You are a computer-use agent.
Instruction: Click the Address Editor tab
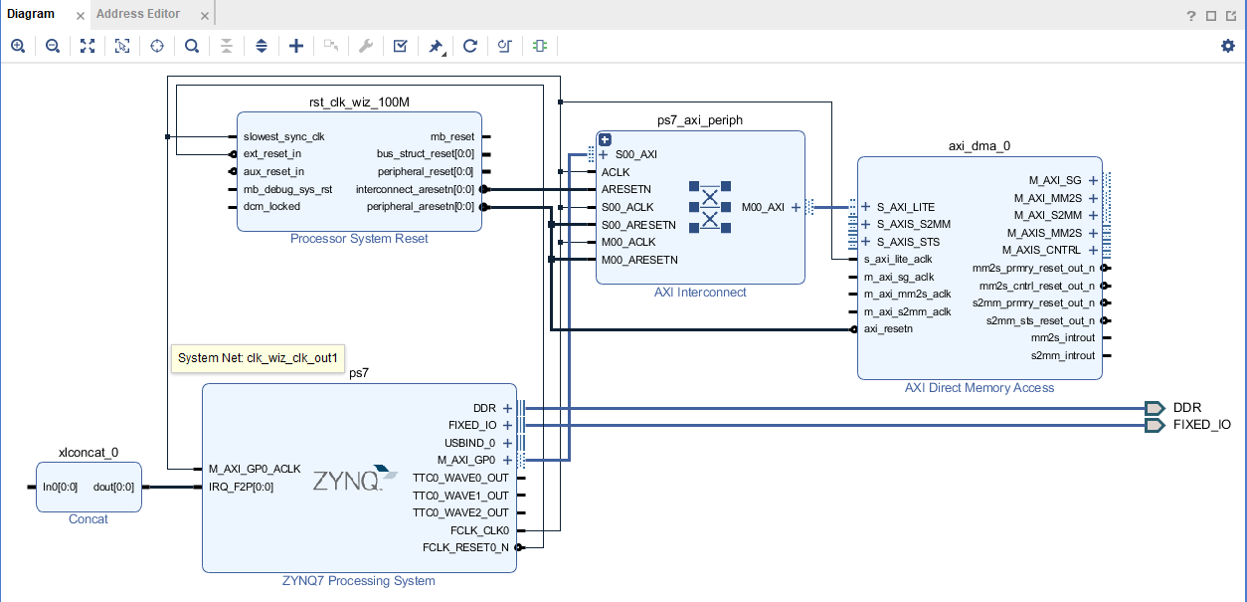click(138, 14)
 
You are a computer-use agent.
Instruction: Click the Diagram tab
click(31, 14)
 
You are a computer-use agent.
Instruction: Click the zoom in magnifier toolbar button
click(18, 46)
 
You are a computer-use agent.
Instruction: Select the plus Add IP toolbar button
click(296, 46)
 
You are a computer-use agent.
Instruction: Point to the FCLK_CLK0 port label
click(479, 530)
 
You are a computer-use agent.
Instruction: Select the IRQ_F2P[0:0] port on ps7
click(241, 487)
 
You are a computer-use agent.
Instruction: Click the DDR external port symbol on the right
click(1154, 408)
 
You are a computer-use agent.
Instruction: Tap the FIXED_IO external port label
click(1201, 425)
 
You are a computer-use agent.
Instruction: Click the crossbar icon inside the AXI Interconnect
click(710, 206)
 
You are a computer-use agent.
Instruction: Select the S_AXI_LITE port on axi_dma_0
click(905, 207)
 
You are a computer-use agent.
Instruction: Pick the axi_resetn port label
click(888, 329)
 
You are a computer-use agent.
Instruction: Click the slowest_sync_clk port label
click(283, 136)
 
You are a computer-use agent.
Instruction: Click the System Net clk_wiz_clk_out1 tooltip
click(259, 357)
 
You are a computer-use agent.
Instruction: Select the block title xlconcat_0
click(89, 452)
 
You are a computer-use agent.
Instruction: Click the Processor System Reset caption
click(359, 239)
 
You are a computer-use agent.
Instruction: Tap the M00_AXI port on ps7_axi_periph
click(763, 207)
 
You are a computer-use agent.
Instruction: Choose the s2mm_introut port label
click(1062, 355)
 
